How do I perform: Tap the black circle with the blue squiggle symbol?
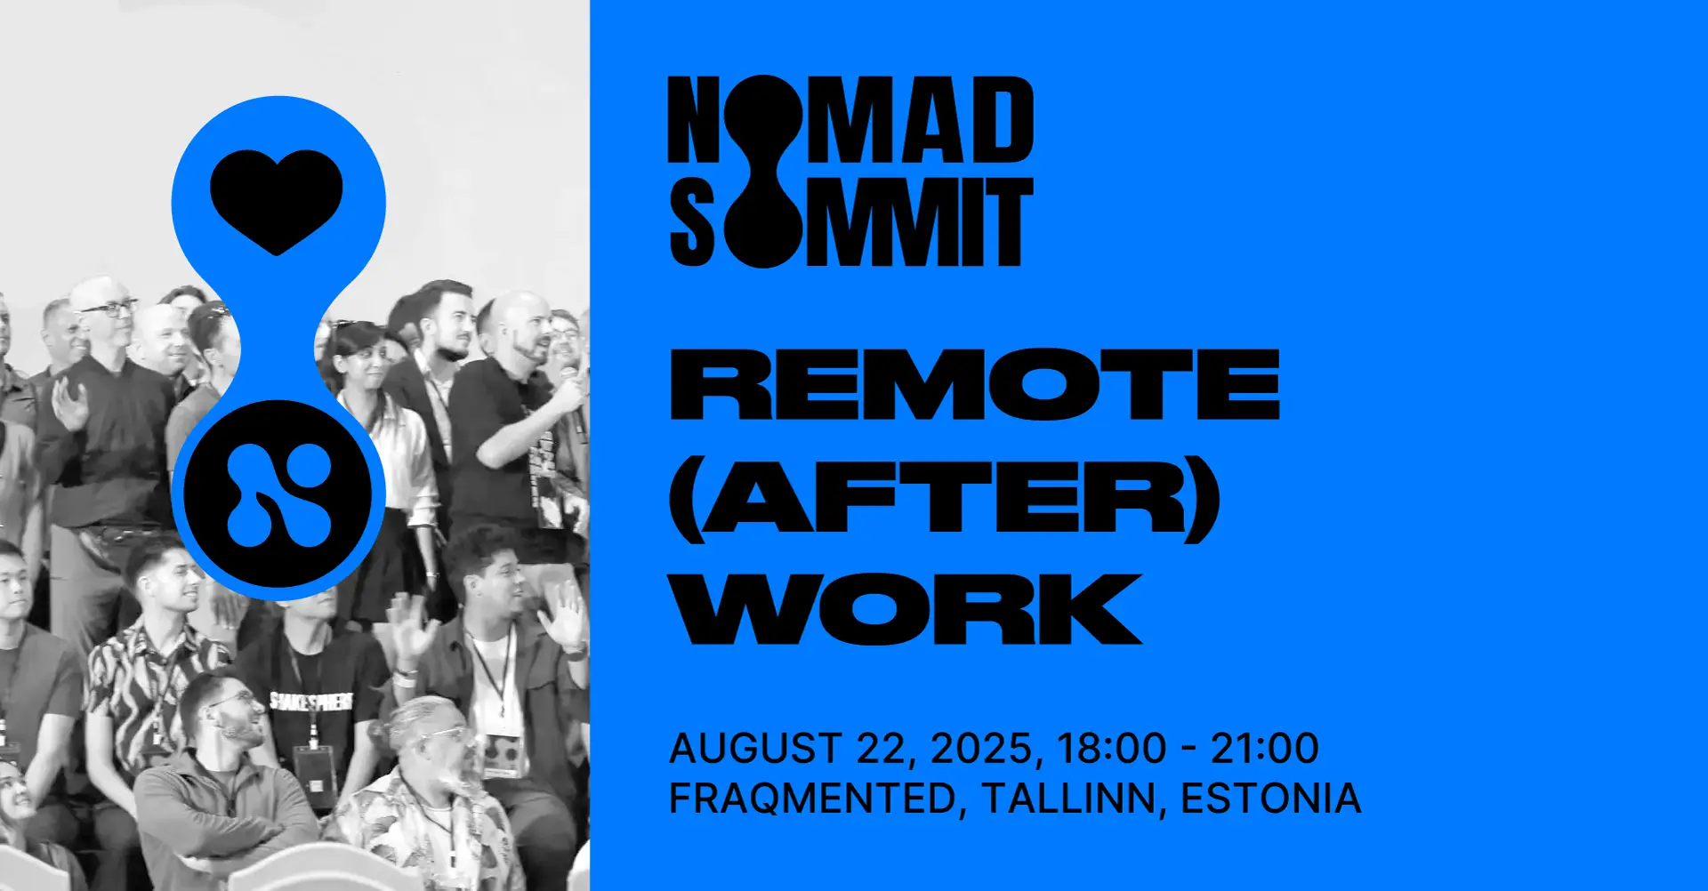point(278,494)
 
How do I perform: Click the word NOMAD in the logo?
point(850,120)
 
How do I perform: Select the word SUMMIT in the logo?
point(850,222)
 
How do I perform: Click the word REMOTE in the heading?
point(974,384)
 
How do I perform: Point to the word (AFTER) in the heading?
point(943,498)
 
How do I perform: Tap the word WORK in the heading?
point(907,609)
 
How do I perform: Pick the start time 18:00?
point(1111,749)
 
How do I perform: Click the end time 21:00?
point(1264,749)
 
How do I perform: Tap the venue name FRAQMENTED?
point(812,799)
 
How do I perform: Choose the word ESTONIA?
point(1270,799)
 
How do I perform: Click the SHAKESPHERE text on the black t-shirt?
point(311,702)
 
